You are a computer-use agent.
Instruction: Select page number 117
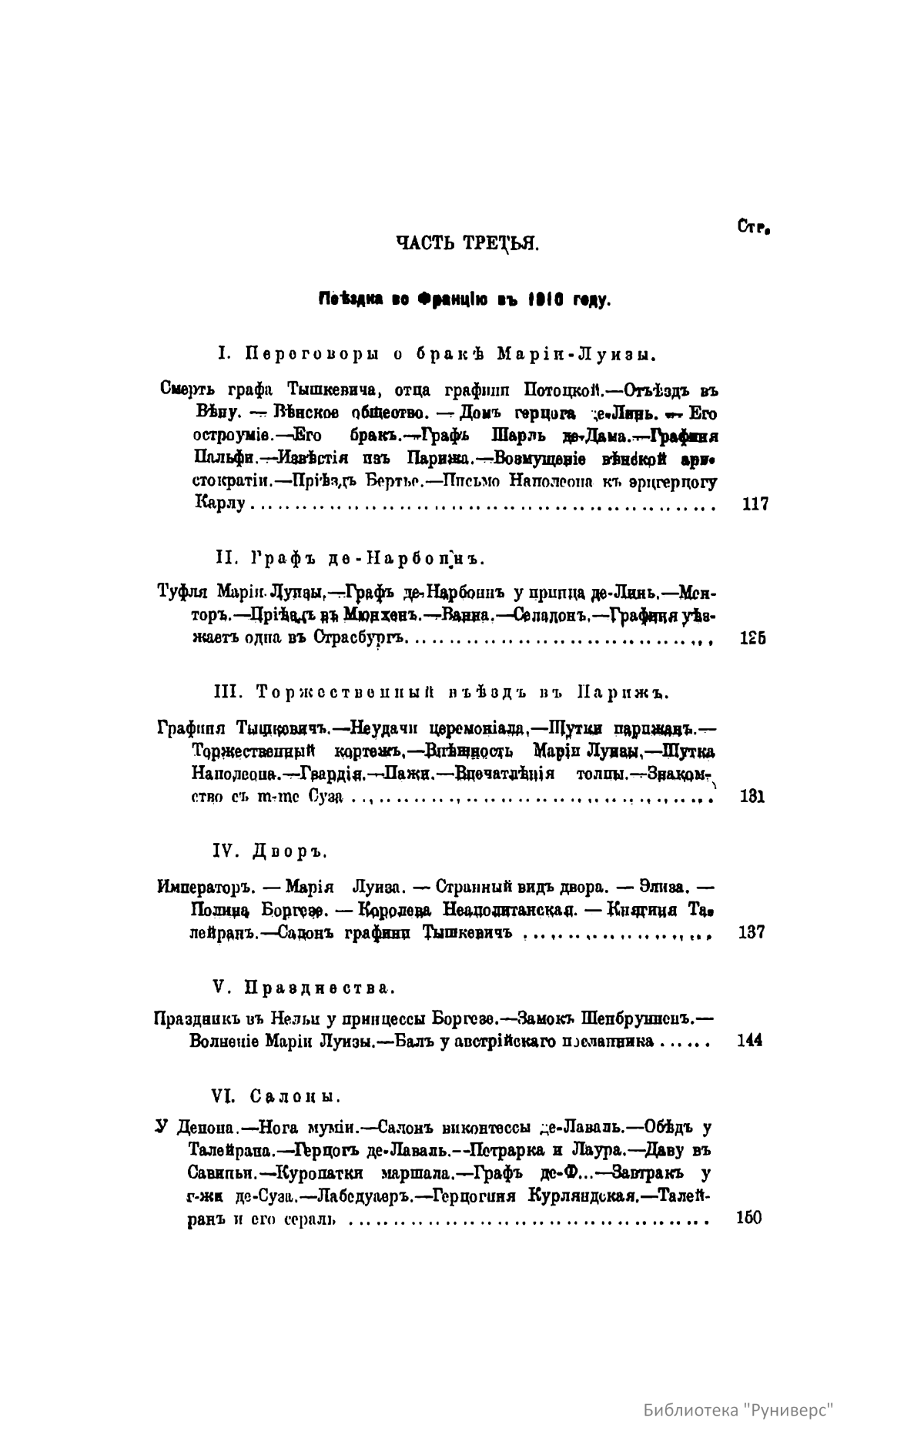coord(755,505)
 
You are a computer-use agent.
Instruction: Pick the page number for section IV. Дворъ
coord(751,933)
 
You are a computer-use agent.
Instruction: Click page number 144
coord(749,1042)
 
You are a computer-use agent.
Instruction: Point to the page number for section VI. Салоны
coord(748,1218)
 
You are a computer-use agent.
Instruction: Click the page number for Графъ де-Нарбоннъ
coord(752,638)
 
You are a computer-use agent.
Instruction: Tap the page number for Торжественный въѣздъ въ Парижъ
coord(751,796)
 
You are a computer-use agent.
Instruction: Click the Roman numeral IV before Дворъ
coord(223,851)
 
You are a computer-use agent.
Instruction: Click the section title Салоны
coord(296,1095)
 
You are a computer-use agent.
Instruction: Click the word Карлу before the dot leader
coord(219,505)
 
